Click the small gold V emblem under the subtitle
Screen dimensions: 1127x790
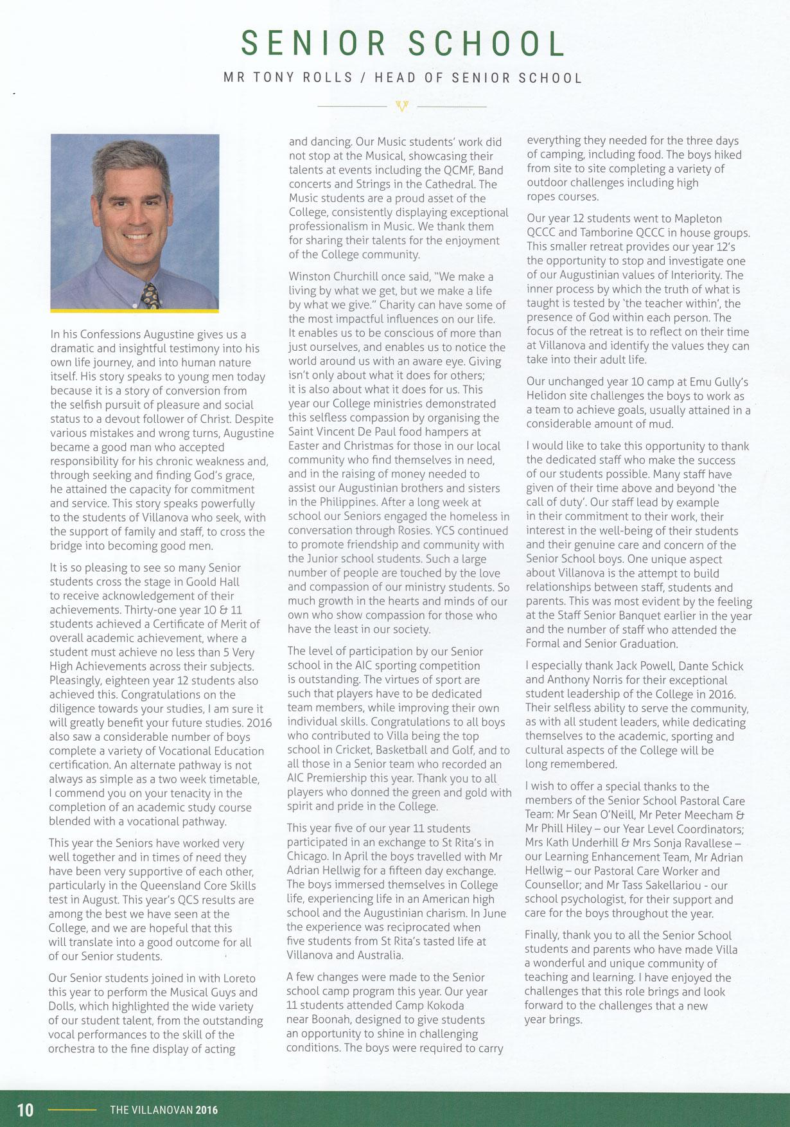point(402,106)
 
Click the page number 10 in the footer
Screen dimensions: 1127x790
point(25,1110)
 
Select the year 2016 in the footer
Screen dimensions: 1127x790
point(207,1110)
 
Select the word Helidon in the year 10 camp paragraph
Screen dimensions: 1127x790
point(546,396)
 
